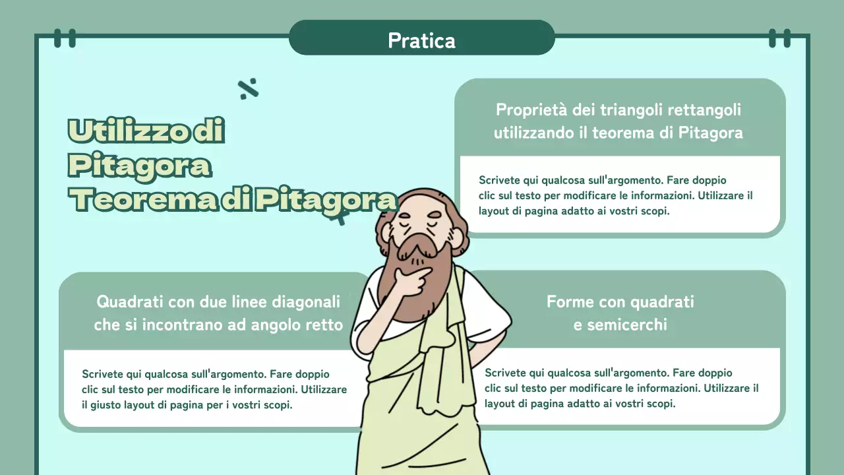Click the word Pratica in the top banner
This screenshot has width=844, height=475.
[421, 40]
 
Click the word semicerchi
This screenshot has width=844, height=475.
[620, 325]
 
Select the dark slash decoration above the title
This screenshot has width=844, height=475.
[248, 88]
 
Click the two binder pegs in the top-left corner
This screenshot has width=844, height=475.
[65, 38]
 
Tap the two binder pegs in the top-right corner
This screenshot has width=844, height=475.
[779, 38]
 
